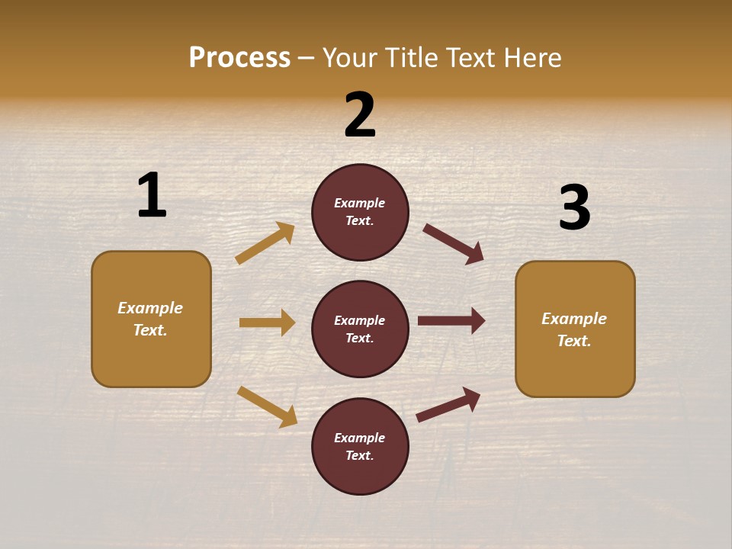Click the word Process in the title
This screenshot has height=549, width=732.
point(239,58)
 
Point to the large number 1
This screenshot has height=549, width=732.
point(152,195)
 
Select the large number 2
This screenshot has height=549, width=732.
point(360,115)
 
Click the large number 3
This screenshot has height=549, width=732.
point(574,207)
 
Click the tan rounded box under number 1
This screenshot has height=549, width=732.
point(151,319)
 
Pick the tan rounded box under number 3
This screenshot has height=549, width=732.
point(575,329)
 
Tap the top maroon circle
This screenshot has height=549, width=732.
point(360,212)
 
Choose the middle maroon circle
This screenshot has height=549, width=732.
point(360,329)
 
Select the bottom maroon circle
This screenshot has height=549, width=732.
point(360,446)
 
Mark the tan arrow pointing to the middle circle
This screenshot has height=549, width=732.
point(267,323)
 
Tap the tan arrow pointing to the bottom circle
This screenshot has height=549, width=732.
point(268,406)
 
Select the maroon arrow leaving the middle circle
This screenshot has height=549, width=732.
point(451,321)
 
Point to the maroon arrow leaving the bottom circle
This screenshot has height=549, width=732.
point(448,405)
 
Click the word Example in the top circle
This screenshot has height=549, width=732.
point(360,203)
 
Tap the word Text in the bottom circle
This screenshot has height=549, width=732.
point(358,455)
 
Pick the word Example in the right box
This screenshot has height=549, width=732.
point(574,319)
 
